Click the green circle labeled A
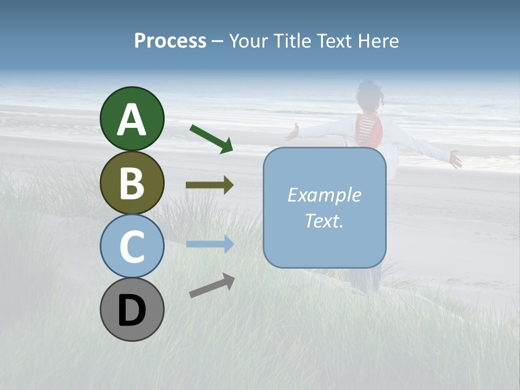pos(132,119)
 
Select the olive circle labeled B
pos(132,183)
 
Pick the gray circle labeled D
pos(132,309)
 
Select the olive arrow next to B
pos(210,185)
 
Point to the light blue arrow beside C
pos(210,244)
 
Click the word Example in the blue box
pos(324,195)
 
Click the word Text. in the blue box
pos(324,221)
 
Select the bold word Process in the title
pos(170,41)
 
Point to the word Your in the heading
pos(250,41)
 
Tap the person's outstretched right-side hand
pos(456,159)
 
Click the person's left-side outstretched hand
pos(292,132)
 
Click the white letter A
pos(132,120)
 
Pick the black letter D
pos(132,310)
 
